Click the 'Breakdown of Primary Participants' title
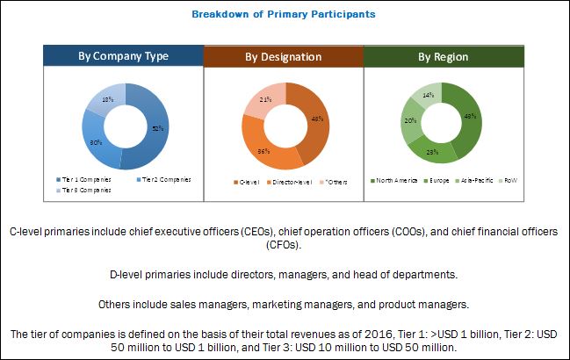(x=285, y=14)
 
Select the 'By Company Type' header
(x=123, y=56)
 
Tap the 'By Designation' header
(x=284, y=56)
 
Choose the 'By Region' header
(x=443, y=56)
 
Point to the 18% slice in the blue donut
(x=106, y=102)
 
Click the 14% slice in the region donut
(x=428, y=94)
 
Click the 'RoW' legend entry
(x=510, y=181)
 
